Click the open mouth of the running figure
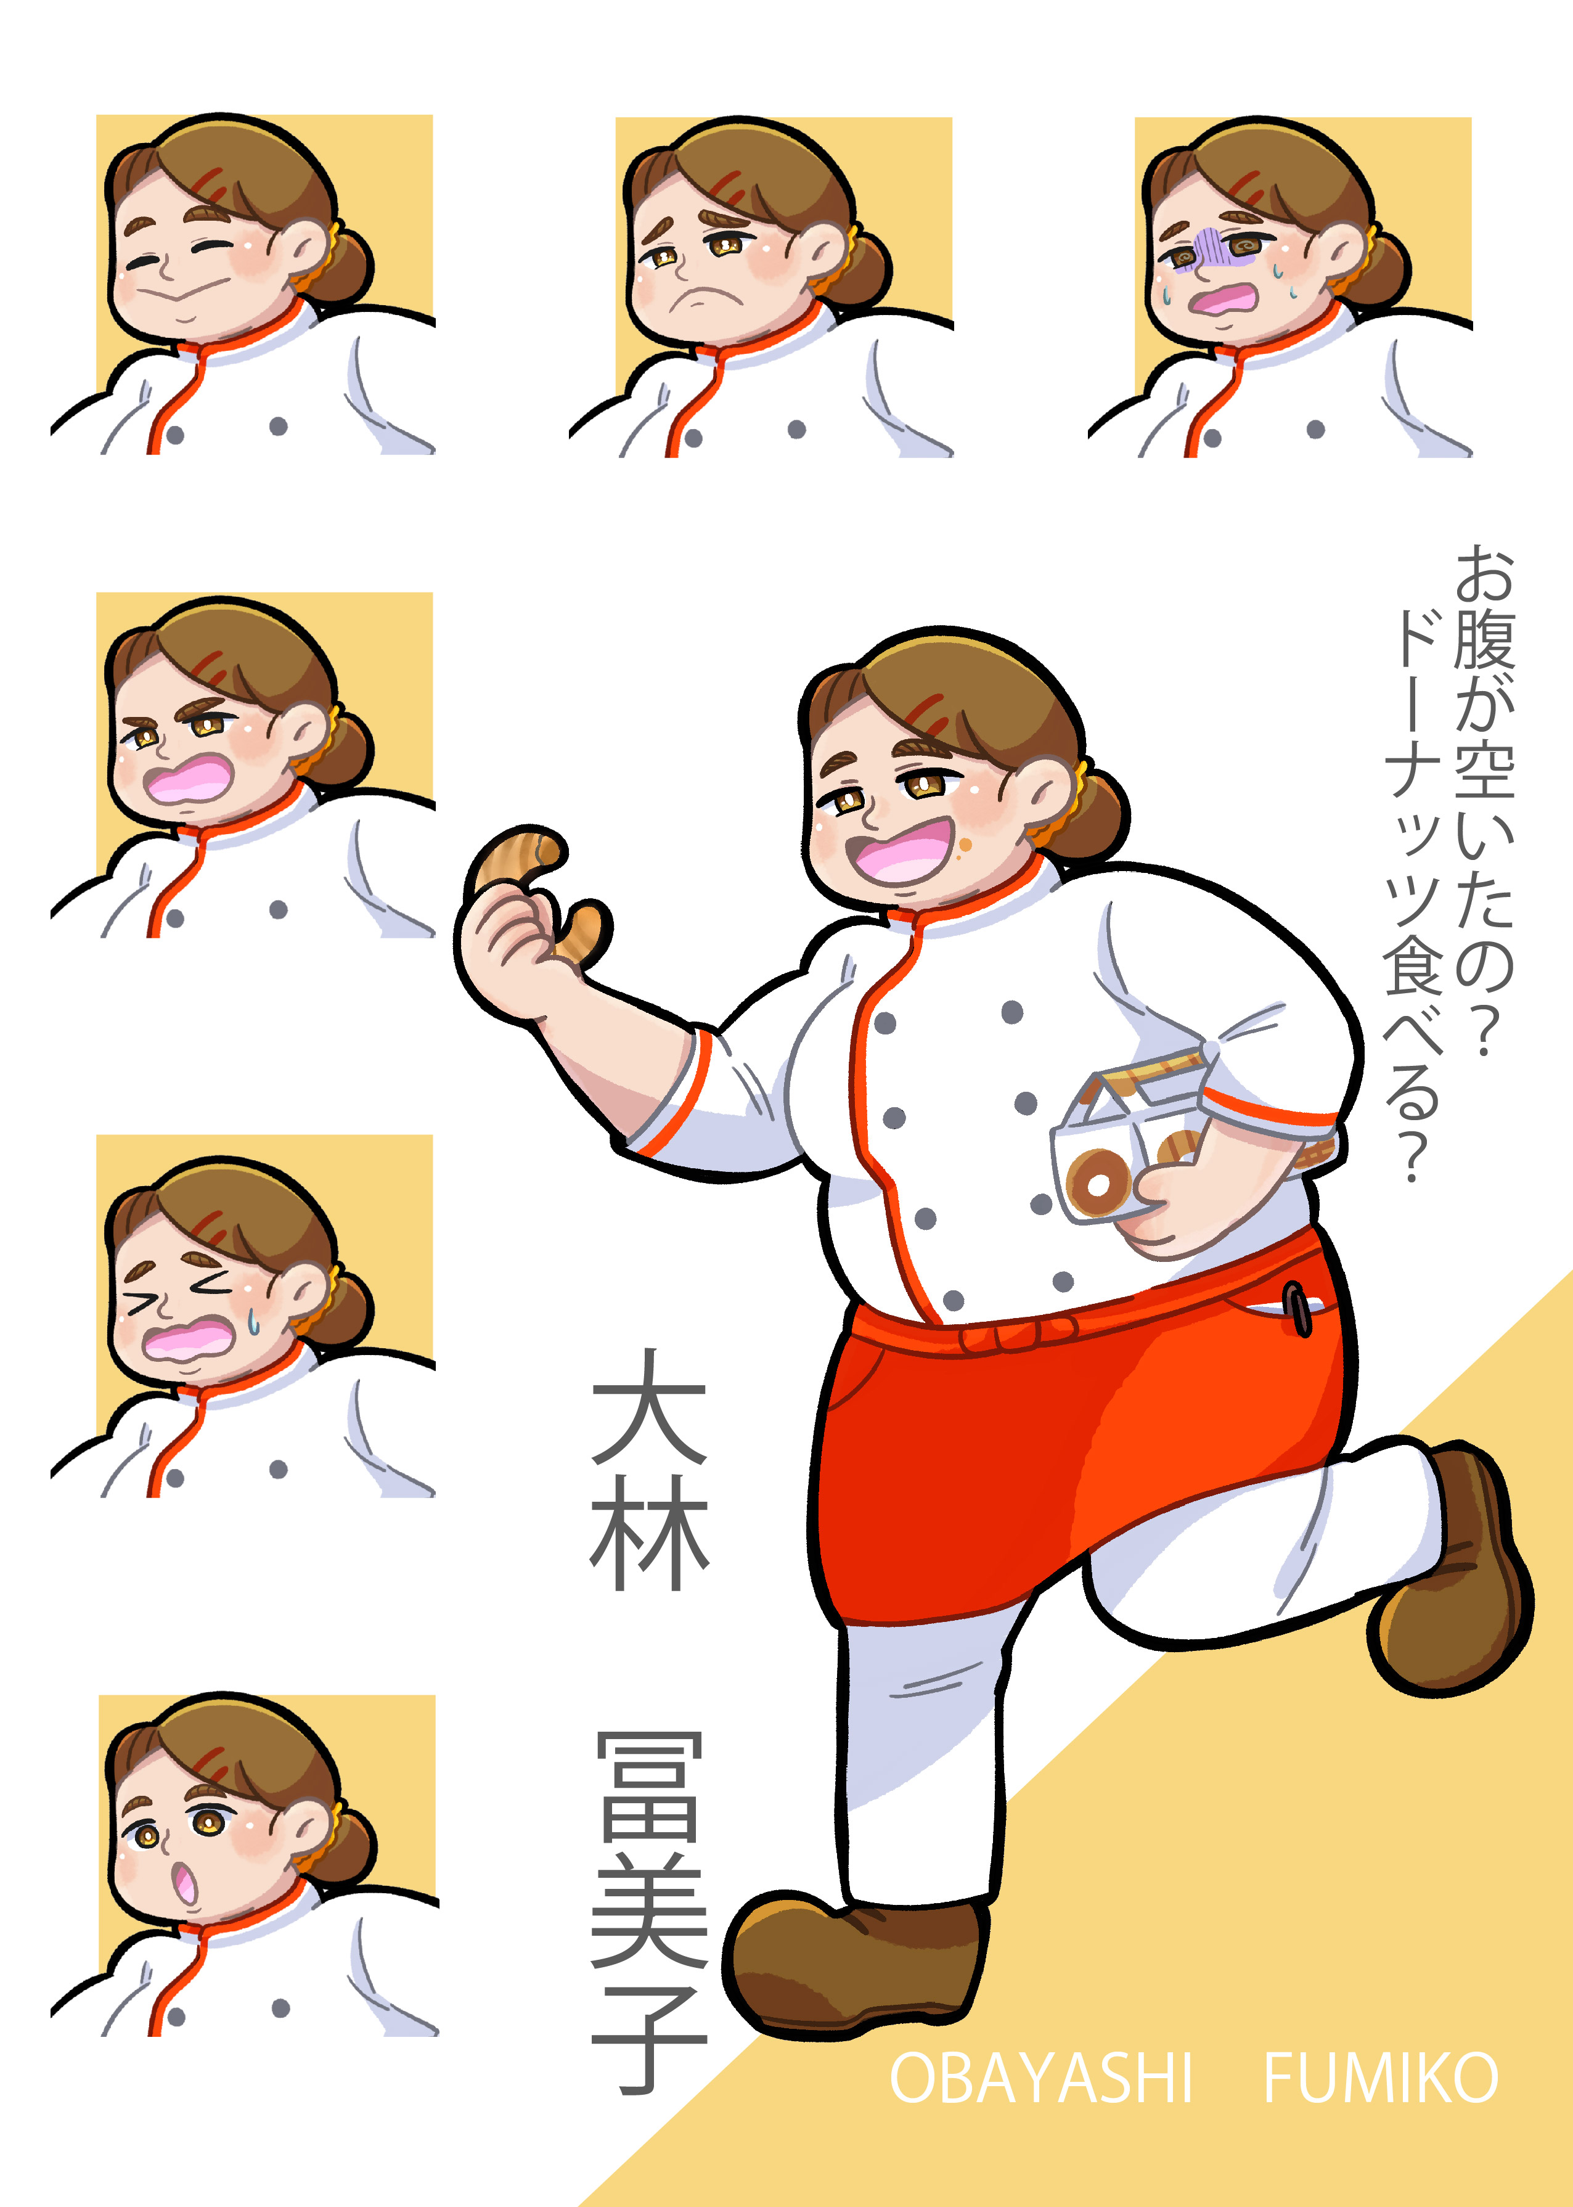pyautogui.click(x=899, y=851)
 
